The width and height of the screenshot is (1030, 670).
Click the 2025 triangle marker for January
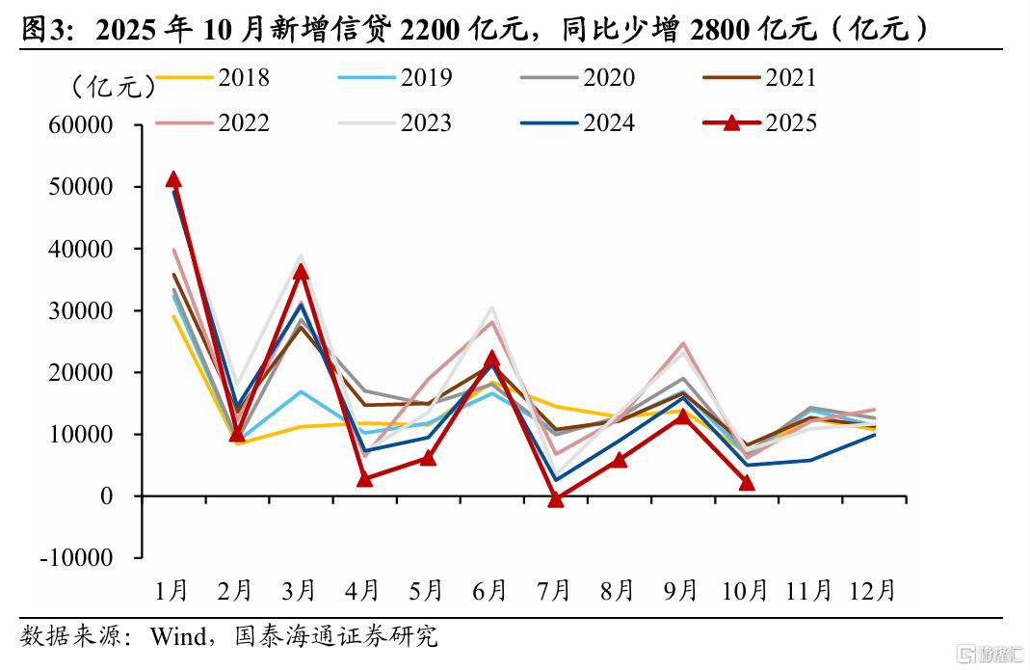173,179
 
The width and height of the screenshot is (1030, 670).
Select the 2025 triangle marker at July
555,499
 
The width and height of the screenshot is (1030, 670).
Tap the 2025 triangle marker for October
747,482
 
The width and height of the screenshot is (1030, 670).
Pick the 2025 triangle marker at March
301,272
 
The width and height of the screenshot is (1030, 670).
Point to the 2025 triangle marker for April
364,479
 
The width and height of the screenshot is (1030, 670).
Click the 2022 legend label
244,122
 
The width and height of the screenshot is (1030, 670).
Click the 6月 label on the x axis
491,590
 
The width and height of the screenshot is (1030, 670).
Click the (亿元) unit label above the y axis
114,87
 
